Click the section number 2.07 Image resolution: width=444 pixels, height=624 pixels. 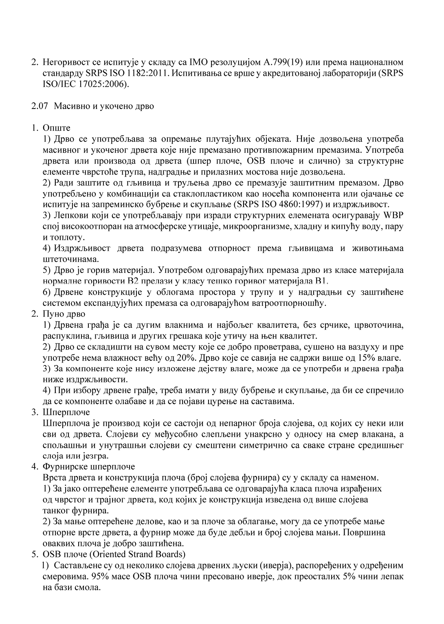coord(40,106)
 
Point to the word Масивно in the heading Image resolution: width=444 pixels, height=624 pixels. coord(70,106)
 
